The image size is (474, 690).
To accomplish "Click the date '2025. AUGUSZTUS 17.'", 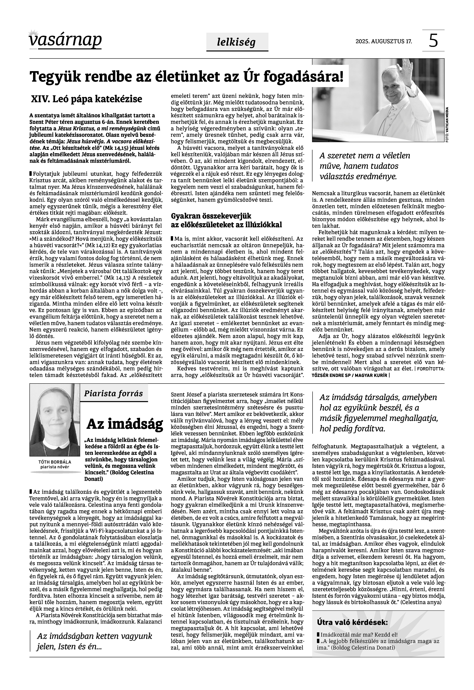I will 384,41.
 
